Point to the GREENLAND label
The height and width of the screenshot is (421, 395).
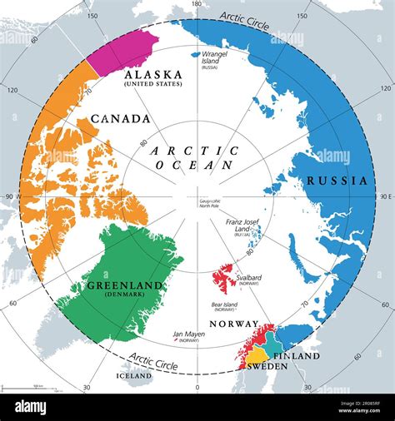point(123,286)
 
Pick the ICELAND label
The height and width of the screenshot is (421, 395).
point(133,376)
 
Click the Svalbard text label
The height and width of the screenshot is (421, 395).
point(249,277)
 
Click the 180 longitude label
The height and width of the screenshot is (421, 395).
point(197,5)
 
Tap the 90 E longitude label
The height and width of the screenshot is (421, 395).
point(384,197)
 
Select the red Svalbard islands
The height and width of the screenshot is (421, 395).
point(223,276)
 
